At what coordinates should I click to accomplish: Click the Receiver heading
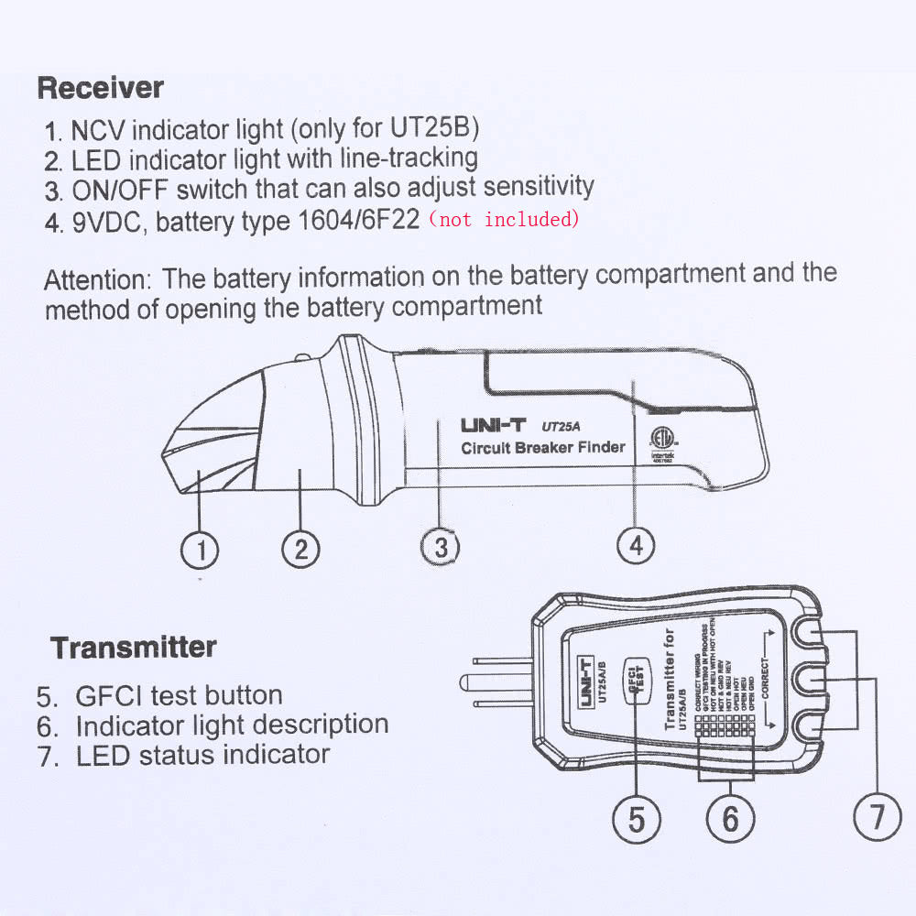tap(101, 89)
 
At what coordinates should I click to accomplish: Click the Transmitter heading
tap(134, 648)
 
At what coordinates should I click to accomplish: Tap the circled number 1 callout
tap(201, 550)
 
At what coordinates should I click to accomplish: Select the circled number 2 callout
tap(300, 550)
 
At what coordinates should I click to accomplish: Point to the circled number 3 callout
tap(441, 548)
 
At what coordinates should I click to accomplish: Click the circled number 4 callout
tap(636, 546)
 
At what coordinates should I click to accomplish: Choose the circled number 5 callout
tap(636, 818)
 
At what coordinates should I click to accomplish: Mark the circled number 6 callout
tap(730, 818)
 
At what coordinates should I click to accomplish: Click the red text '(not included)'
tap(505, 220)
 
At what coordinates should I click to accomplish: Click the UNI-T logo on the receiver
tap(493, 426)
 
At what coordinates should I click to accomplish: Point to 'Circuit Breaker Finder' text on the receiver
tap(542, 448)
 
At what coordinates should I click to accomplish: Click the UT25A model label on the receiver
tap(562, 426)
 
